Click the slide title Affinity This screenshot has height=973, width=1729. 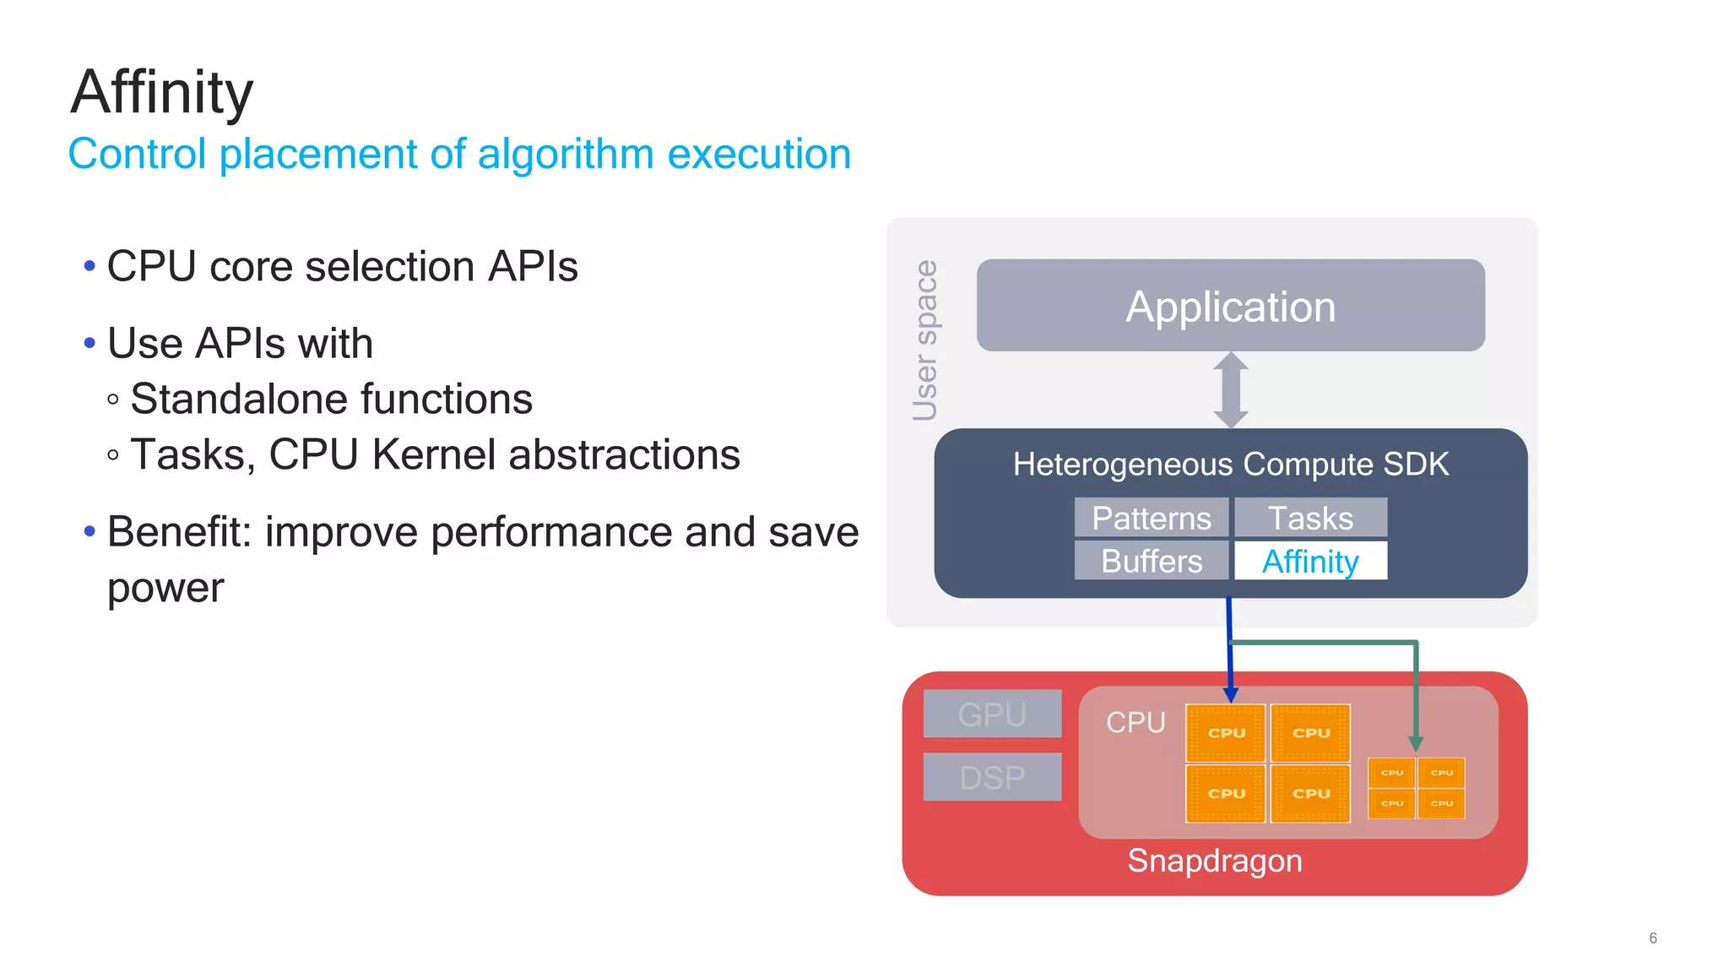[x=161, y=92]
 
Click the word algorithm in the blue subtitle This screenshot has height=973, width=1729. [x=565, y=155]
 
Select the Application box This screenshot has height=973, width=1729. [x=1230, y=306]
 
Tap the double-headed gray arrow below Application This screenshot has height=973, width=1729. [x=1230, y=390]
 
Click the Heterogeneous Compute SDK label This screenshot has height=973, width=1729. [x=1230, y=465]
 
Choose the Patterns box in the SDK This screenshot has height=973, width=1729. [x=1151, y=518]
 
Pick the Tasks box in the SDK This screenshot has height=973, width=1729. [x=1310, y=518]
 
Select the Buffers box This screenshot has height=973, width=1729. [x=1151, y=561]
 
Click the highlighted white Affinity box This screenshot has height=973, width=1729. [x=1310, y=561]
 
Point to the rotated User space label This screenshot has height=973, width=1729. [x=925, y=340]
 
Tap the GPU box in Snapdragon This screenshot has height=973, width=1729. [x=992, y=715]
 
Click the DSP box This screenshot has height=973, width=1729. [x=992, y=777]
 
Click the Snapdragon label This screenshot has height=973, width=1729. [x=1214, y=862]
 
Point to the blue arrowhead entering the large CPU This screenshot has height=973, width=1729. [x=1230, y=695]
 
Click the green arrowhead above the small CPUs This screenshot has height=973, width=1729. [x=1416, y=744]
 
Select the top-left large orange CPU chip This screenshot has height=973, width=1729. [x=1226, y=732]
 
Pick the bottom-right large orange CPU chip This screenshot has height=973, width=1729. [x=1310, y=793]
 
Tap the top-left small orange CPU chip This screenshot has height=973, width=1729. [x=1391, y=773]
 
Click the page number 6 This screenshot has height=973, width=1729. [x=1652, y=938]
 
